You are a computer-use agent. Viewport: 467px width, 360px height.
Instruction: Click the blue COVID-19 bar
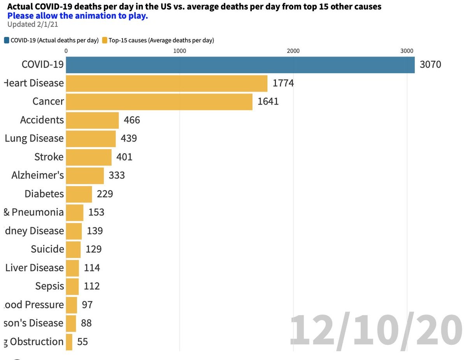click(x=240, y=65)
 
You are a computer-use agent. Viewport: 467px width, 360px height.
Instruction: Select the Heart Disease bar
click(x=167, y=83)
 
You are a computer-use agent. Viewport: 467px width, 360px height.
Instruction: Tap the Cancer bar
click(x=159, y=101)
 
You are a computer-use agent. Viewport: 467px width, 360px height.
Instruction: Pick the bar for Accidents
click(x=92, y=120)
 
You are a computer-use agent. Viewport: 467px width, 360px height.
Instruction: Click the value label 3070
click(x=430, y=65)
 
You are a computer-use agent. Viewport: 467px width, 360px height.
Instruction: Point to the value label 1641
click(x=268, y=102)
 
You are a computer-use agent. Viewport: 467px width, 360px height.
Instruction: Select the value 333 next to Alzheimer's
click(x=117, y=175)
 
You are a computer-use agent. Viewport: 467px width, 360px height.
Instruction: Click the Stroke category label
click(x=49, y=157)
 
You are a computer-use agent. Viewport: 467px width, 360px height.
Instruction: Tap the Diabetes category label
click(x=44, y=194)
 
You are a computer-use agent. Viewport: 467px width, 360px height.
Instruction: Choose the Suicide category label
click(x=47, y=249)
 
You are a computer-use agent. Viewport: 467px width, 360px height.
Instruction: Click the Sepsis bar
click(x=72, y=287)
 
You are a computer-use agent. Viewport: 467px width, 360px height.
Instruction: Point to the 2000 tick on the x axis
click(x=293, y=51)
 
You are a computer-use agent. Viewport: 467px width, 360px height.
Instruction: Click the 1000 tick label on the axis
click(x=179, y=51)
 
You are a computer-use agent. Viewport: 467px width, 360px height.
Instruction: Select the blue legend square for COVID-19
click(x=7, y=40)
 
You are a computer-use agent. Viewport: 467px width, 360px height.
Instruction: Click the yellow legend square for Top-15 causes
click(x=104, y=40)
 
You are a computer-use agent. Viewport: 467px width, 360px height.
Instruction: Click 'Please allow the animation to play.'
click(x=77, y=16)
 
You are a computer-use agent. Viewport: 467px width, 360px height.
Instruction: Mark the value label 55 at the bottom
click(x=83, y=342)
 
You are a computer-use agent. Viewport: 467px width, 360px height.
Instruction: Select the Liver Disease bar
click(x=72, y=268)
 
